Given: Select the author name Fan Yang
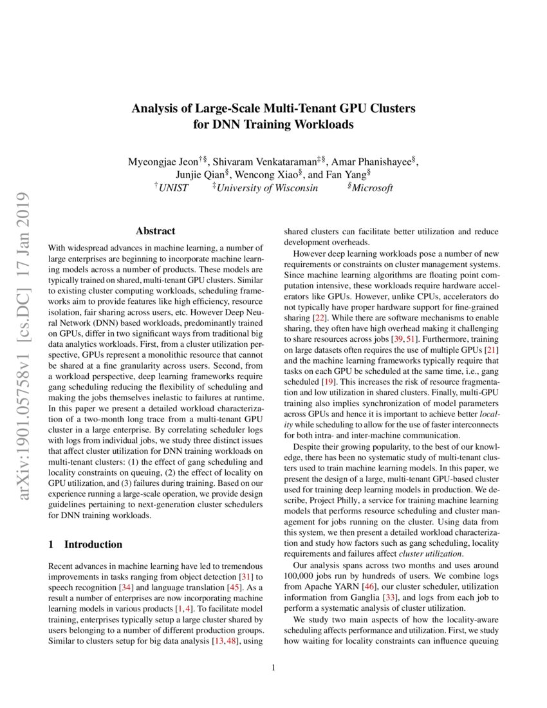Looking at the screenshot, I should (x=348, y=174).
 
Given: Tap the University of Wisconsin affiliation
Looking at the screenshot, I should (x=266, y=188).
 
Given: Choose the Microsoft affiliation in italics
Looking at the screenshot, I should (x=371, y=188).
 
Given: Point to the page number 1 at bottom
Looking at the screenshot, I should (x=273, y=667).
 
